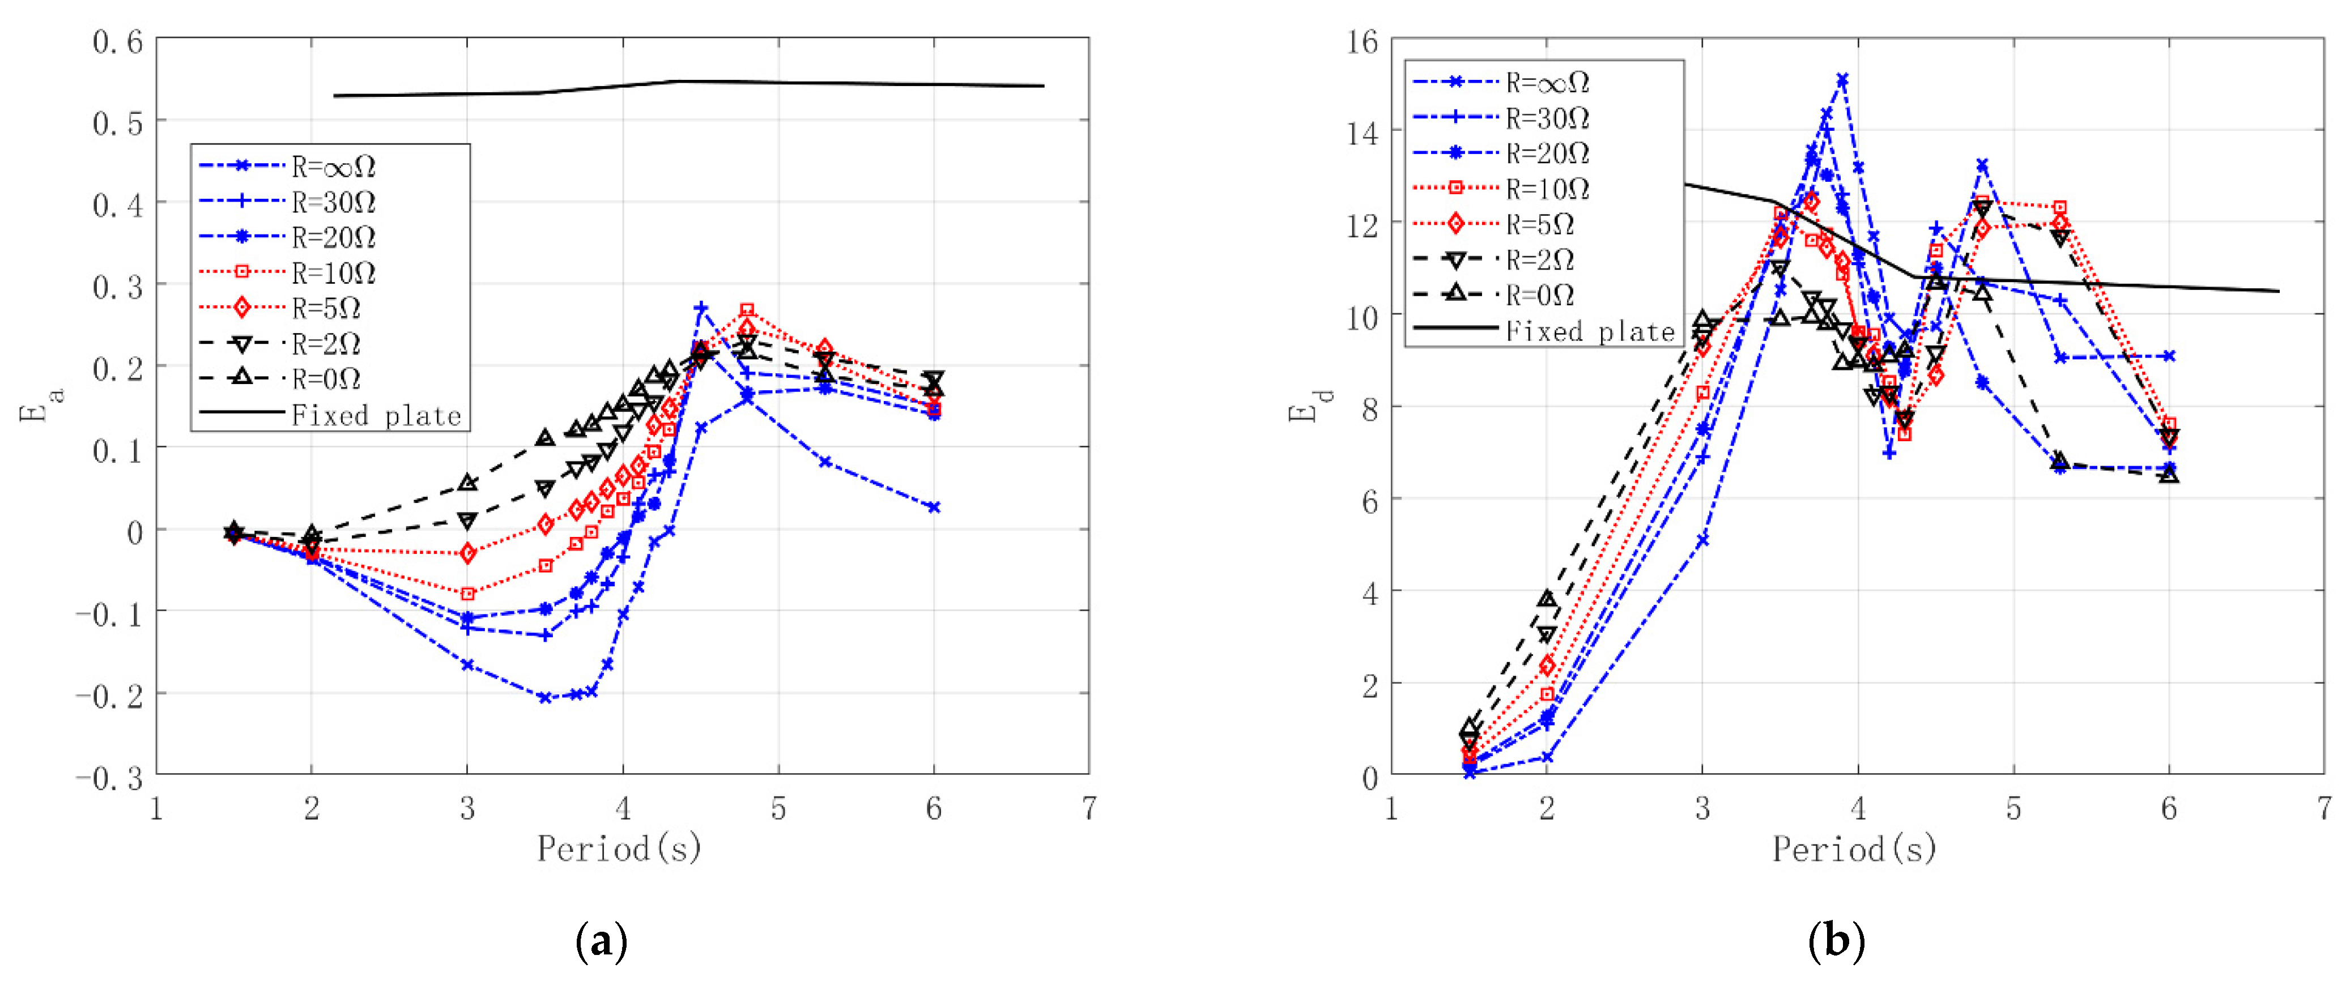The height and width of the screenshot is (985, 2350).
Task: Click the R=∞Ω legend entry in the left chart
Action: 333,167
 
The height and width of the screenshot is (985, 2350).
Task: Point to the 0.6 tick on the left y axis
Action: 118,42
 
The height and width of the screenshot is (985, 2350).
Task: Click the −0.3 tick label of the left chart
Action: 109,778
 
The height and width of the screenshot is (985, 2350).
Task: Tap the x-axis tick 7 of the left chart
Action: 1088,809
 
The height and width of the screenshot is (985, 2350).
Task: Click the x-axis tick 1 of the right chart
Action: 1391,809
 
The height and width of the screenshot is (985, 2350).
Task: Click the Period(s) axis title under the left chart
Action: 619,849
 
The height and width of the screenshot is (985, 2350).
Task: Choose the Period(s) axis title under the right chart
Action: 1855,849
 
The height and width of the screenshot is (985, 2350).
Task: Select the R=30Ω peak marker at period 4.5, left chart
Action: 701,308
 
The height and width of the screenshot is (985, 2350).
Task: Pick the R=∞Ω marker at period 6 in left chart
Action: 933,507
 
